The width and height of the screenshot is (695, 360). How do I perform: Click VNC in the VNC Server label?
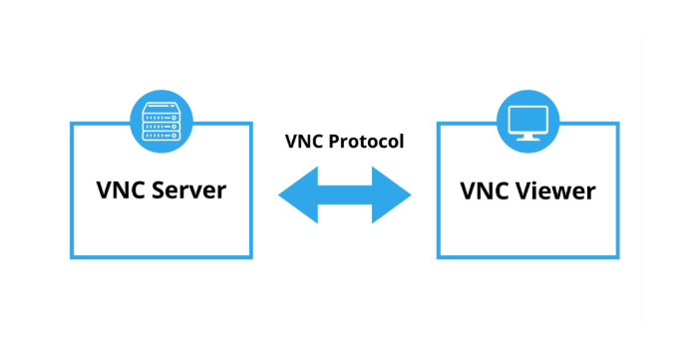[x=121, y=189]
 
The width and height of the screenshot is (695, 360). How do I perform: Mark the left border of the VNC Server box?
[x=72, y=189]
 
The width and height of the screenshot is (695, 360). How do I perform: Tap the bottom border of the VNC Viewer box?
[x=527, y=256]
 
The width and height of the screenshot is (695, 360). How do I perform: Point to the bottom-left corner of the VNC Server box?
[x=72, y=256]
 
